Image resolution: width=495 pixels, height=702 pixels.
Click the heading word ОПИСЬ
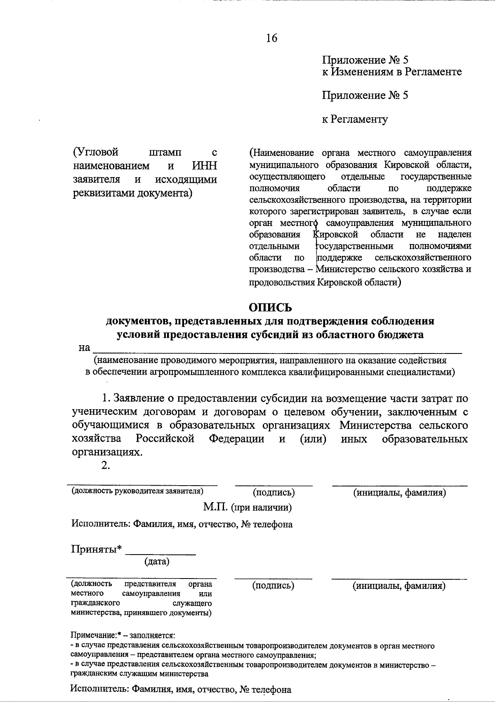[x=270, y=308]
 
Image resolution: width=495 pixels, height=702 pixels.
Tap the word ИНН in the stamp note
[x=205, y=166]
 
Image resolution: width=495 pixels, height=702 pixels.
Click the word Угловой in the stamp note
[x=95, y=152]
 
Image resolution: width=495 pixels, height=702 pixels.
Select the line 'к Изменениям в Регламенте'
[x=391, y=72]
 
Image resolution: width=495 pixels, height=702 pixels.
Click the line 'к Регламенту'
[x=355, y=119]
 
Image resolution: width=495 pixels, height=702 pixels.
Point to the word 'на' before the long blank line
[x=84, y=348]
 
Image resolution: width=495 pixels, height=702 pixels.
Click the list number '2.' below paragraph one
[x=106, y=465]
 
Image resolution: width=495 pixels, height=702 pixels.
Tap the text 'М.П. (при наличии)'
[x=247, y=508]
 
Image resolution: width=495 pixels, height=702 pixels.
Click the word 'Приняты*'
[x=97, y=549]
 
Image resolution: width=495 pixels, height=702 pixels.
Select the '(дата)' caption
[x=157, y=562]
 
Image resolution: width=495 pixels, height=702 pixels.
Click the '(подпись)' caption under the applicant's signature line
[x=274, y=492]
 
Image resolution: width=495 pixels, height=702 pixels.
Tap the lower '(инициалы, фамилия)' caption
[x=399, y=586]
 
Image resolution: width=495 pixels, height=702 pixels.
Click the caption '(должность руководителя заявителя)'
[x=138, y=491]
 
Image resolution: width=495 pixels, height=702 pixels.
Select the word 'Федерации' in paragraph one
[x=236, y=439]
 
